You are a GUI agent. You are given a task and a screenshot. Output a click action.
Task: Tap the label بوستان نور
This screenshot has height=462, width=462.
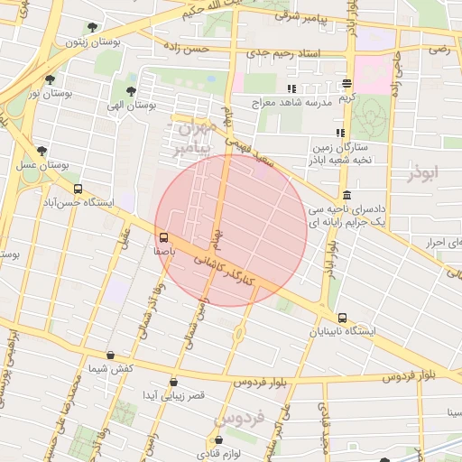point(48,93)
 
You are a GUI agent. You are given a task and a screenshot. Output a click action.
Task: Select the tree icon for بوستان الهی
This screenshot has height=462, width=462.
point(132,91)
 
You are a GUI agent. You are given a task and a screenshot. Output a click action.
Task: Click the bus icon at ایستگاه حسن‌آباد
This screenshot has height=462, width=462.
point(79,189)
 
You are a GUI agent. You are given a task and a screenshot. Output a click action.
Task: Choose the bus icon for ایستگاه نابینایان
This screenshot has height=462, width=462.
point(341,318)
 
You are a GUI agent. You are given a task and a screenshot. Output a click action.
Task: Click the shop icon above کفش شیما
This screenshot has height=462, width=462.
point(111,355)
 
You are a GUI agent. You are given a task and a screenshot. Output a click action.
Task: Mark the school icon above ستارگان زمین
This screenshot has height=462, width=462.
point(340,133)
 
